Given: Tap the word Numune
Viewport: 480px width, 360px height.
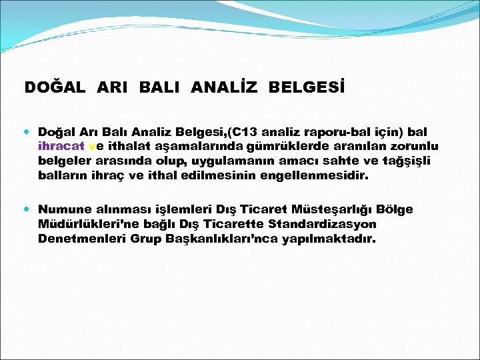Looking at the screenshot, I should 63,209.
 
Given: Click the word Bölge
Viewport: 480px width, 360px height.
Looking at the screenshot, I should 397,209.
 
